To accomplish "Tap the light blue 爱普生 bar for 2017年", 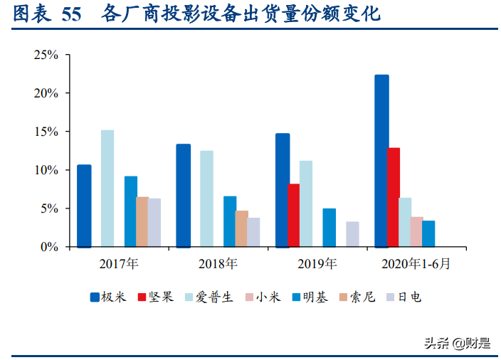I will [107, 189].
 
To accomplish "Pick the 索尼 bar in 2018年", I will [242, 228].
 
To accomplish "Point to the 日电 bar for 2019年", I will [352, 234].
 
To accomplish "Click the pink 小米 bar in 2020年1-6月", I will [416, 232].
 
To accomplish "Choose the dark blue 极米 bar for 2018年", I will [183, 196].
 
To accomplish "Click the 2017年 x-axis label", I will [119, 264].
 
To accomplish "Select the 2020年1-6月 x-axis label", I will [416, 264].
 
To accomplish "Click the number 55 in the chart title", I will [71, 14].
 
